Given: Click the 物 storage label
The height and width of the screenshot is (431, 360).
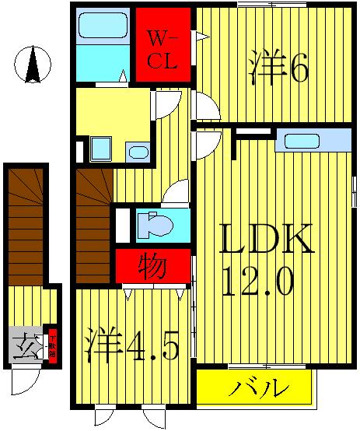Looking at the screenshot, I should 153,267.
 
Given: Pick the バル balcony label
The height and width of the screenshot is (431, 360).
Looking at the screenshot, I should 257,387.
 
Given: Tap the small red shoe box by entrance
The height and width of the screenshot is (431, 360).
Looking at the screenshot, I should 53,342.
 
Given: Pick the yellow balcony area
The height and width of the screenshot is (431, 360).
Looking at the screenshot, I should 257,387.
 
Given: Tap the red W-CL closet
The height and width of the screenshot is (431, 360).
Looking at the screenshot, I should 164,45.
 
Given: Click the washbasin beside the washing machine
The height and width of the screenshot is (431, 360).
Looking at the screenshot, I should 137,151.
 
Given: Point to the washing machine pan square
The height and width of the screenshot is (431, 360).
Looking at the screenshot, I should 100,149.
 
